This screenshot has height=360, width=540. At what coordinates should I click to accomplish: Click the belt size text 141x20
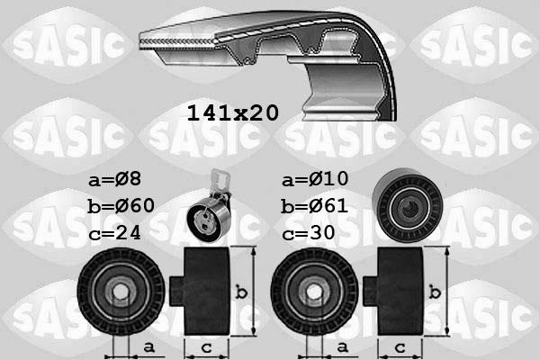[231, 112]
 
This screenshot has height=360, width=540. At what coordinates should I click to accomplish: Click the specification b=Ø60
[121, 206]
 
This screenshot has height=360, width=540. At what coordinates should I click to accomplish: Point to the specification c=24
[115, 232]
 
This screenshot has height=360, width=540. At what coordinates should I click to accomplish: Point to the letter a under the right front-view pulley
[342, 346]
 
